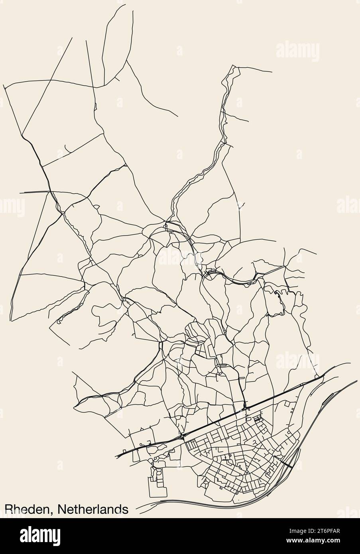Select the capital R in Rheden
point(9,509)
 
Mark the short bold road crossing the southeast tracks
point(288,462)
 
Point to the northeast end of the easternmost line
point(357,381)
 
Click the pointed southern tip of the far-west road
point(11,320)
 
